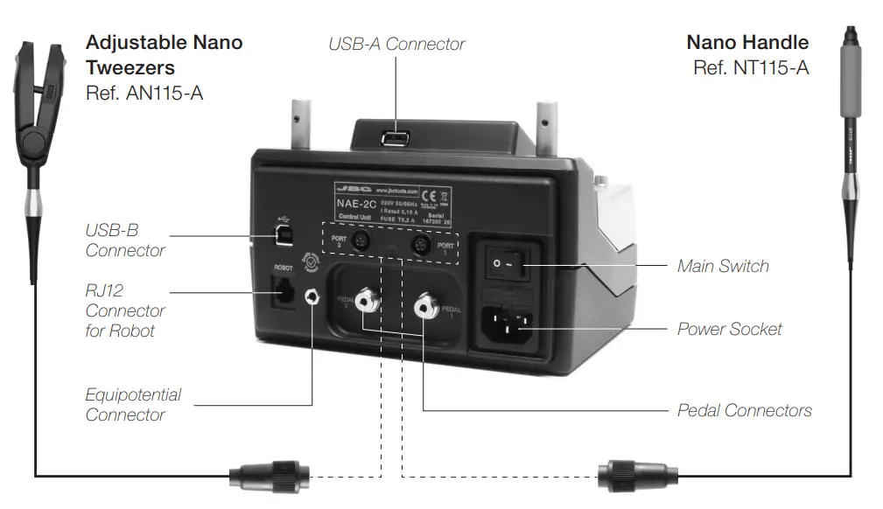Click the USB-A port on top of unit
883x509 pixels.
pos(395,140)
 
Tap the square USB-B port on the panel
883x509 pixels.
pos(284,236)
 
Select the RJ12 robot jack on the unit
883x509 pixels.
pos(283,291)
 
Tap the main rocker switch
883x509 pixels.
pos(510,262)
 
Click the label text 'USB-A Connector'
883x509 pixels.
pos(396,44)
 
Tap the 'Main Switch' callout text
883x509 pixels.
pos(723,266)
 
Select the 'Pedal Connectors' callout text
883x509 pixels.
pos(744,410)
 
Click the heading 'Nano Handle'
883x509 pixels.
pos(746,42)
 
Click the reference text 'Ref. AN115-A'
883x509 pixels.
pos(144,93)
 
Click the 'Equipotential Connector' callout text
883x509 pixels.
pos(132,404)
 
